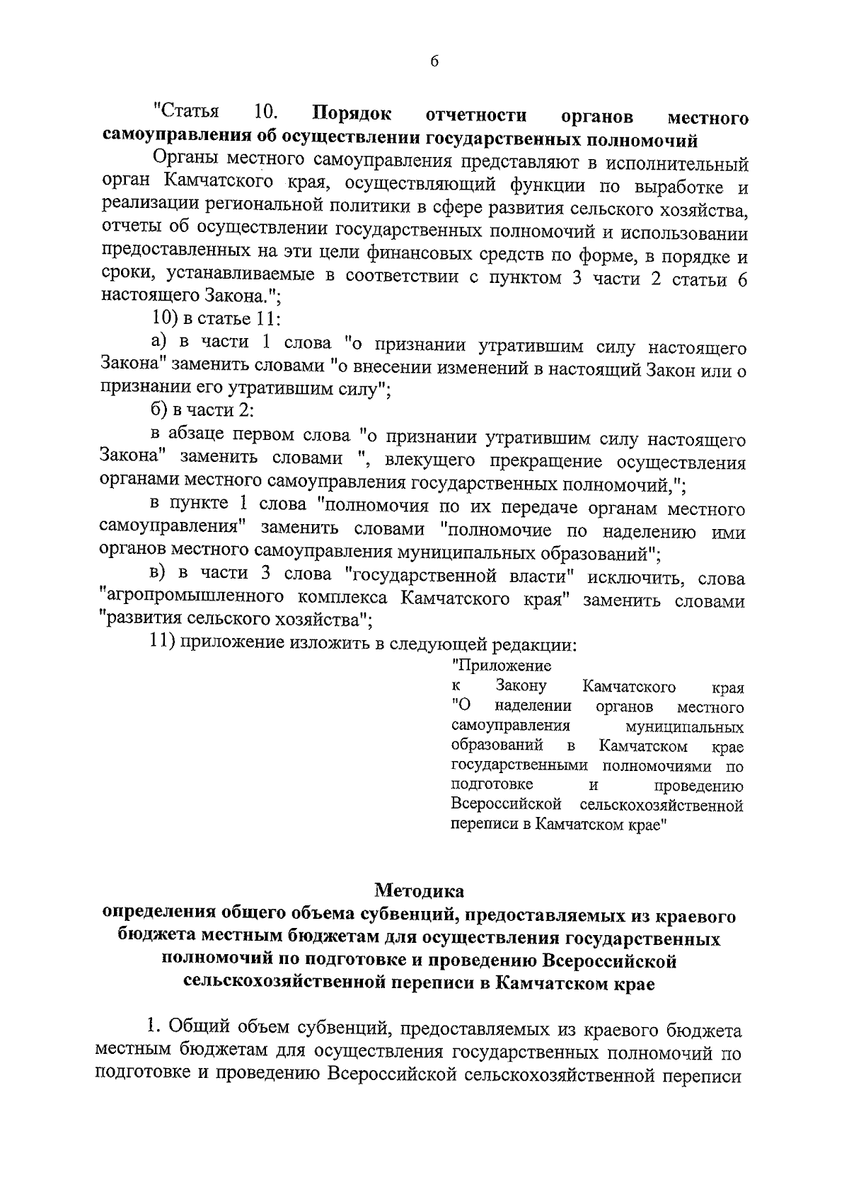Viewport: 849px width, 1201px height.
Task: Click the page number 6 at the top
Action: (x=434, y=62)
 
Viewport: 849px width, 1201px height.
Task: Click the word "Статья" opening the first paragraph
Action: (x=187, y=112)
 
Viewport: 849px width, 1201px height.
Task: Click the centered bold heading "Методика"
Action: (x=420, y=889)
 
